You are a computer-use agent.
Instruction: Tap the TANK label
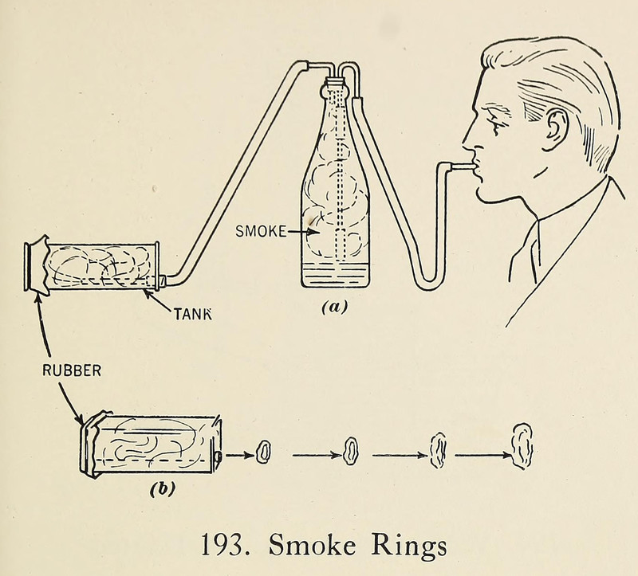pyautogui.click(x=193, y=313)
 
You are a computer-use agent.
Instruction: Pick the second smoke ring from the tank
pyautogui.click(x=351, y=452)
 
